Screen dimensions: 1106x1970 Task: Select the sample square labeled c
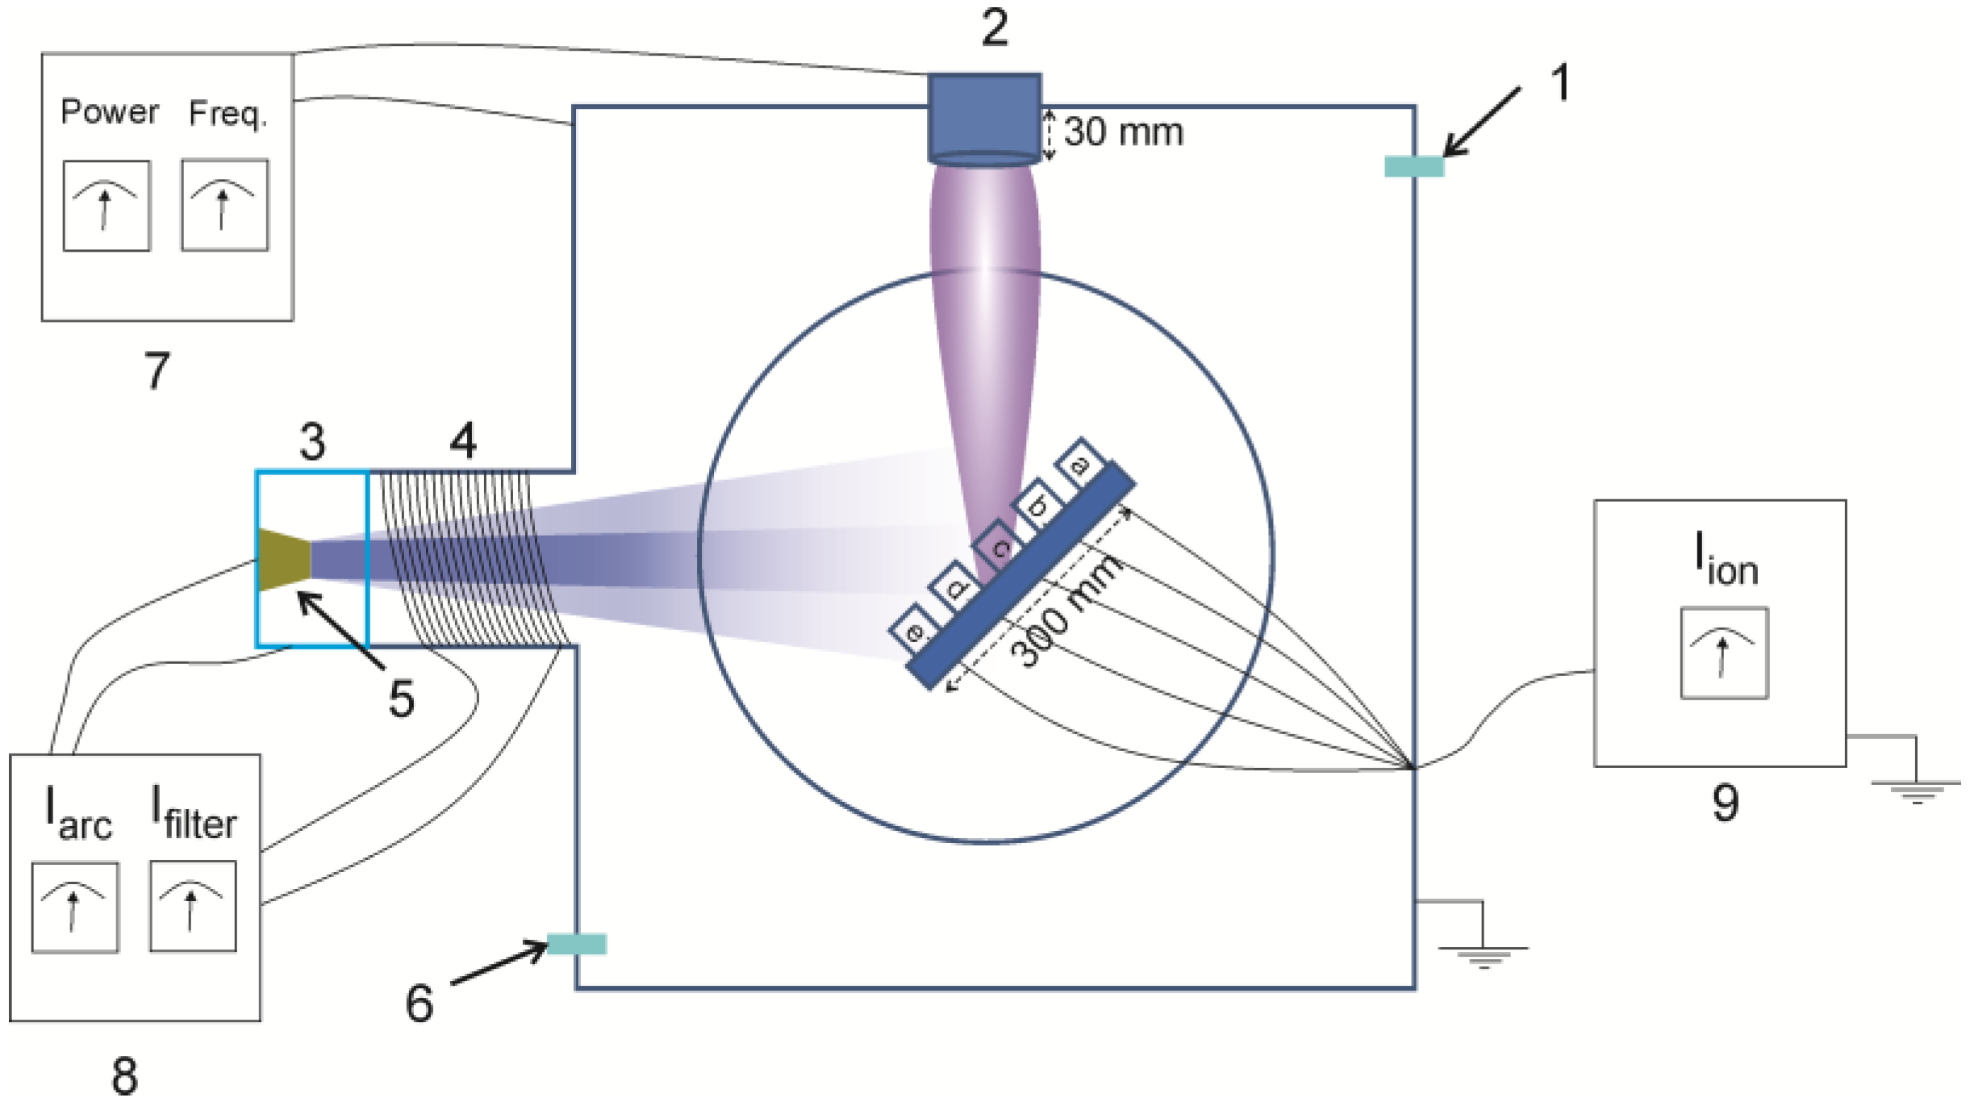coord(1000,547)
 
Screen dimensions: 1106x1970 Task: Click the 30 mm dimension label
coord(1123,132)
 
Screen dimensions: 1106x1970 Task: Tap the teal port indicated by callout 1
coord(1413,166)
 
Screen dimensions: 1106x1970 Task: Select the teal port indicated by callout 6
coord(577,943)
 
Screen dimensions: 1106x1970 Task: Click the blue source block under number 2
coord(984,118)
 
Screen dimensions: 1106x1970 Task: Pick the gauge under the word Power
coord(106,206)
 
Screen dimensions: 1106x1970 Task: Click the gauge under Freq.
coord(224,205)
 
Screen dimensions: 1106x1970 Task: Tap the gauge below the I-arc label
coord(75,908)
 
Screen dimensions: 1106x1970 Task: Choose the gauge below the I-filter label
coord(193,906)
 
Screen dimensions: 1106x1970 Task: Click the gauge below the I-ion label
coord(1724,653)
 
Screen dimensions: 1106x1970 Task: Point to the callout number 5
coord(401,699)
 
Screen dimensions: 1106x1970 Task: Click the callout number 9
coord(1725,803)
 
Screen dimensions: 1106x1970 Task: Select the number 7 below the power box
coord(157,371)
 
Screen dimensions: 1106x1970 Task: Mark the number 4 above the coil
coord(463,441)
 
